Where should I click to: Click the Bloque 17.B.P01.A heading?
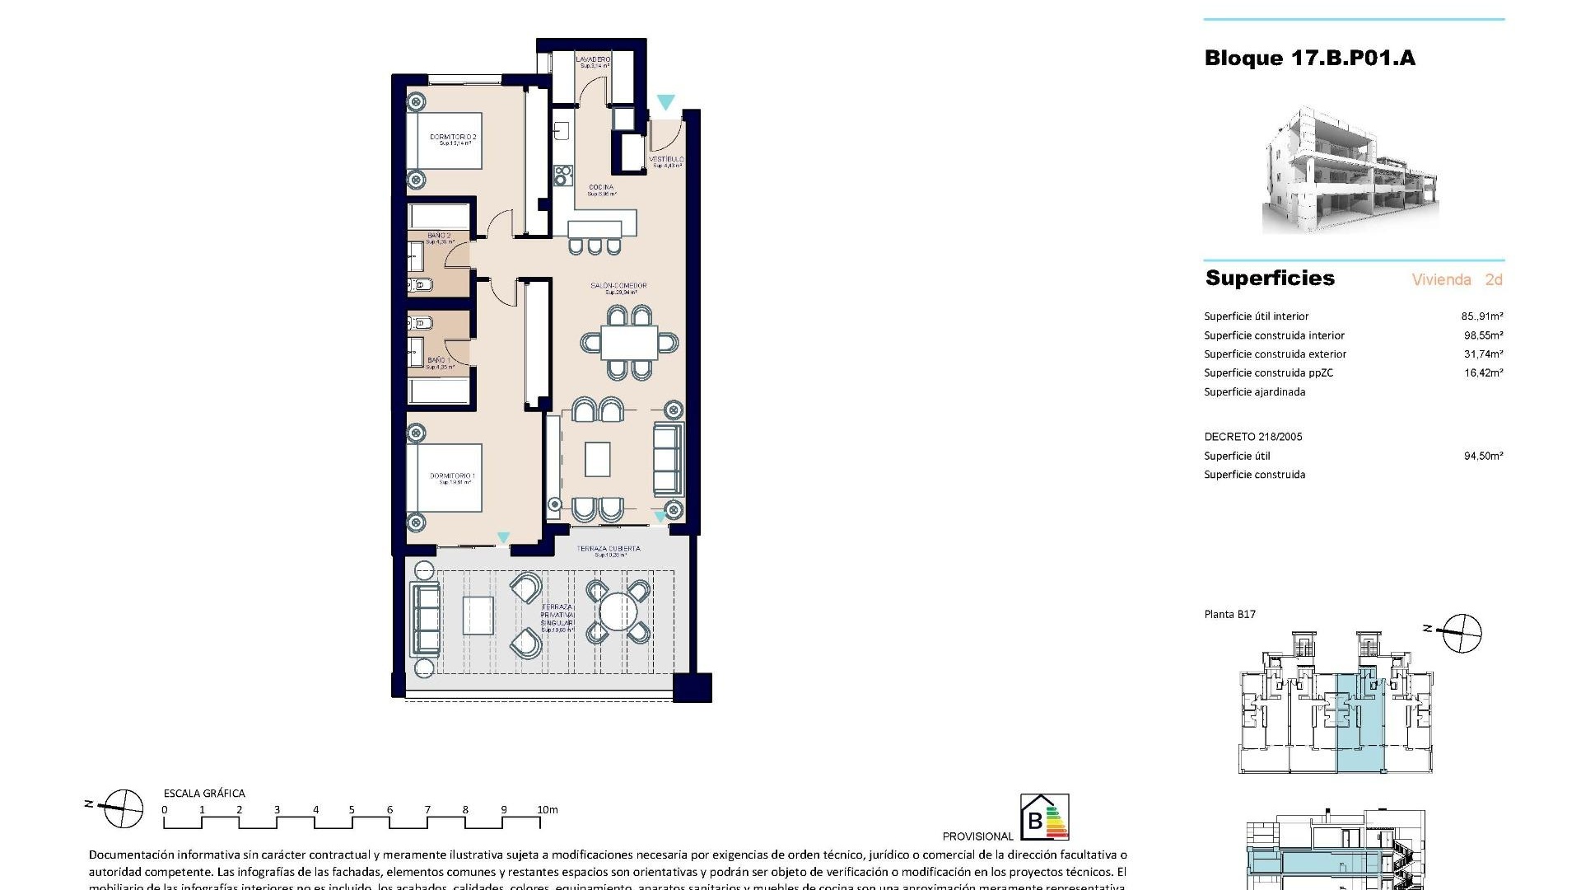tap(1309, 58)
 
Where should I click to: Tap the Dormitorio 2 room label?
tap(453, 137)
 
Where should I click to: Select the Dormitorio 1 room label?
tap(452, 476)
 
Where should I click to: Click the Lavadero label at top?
tap(593, 60)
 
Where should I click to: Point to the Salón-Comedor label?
tap(618, 286)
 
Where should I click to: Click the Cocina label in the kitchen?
tap(600, 188)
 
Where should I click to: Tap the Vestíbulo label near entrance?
tap(666, 159)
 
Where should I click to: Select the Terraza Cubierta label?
tap(609, 549)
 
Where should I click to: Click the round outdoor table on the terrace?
tap(618, 611)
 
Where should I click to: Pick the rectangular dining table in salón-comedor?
tap(630, 342)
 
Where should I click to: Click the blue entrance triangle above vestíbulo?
tap(665, 103)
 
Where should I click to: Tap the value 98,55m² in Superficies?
tap(1483, 335)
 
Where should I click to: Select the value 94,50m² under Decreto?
tap(1483, 456)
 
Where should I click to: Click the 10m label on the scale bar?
tap(547, 810)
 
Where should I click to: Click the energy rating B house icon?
tap(1044, 817)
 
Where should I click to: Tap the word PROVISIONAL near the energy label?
tap(977, 836)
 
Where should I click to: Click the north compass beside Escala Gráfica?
tap(123, 808)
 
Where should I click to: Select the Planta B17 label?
tap(1229, 614)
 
